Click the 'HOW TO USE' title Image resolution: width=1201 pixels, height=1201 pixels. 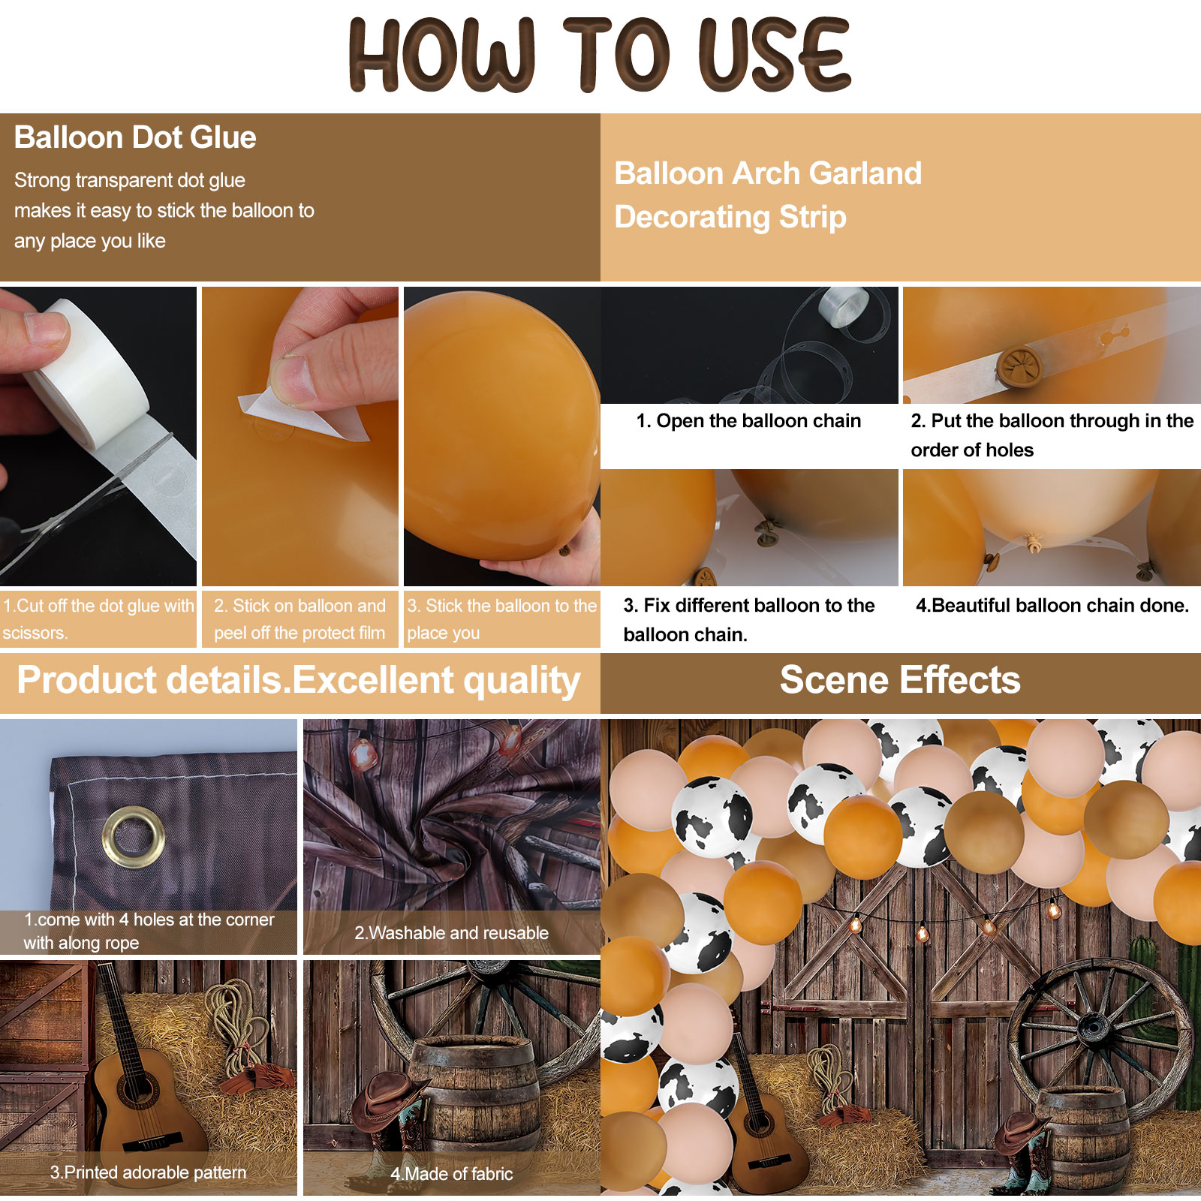tap(600, 54)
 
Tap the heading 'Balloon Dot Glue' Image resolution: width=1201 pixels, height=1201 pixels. tap(135, 137)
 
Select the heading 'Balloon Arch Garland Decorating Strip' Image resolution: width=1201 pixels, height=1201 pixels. tap(768, 195)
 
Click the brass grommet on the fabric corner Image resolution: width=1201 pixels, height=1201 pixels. tap(134, 837)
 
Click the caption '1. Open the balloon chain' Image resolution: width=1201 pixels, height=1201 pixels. tap(748, 420)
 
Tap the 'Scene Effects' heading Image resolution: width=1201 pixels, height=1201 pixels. tap(900, 680)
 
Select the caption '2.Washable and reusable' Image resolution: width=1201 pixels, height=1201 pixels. tap(451, 933)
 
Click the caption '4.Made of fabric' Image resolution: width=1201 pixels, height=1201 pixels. tap(451, 1174)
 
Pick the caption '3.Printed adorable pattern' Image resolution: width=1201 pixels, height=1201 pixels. tap(148, 1172)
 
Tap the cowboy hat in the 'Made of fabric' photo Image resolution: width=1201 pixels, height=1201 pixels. tap(387, 1100)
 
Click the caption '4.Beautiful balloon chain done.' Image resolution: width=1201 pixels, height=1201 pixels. tap(1052, 605)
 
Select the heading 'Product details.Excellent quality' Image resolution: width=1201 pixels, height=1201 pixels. tap(299, 680)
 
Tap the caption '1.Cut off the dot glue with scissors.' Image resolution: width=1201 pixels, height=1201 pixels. tap(98, 619)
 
